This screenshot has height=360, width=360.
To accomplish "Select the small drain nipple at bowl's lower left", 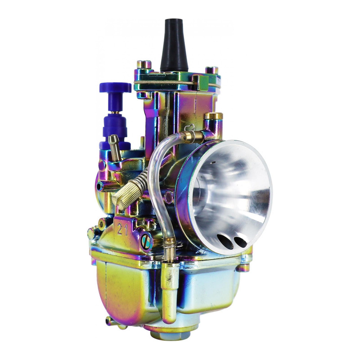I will [x=108, y=320].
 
